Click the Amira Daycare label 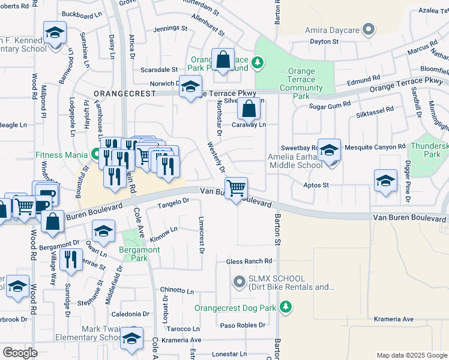(x=331, y=29)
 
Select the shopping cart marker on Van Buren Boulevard (x=237, y=188)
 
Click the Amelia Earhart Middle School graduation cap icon (x=329, y=150)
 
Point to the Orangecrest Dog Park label (x=235, y=308)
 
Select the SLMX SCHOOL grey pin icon (x=240, y=280)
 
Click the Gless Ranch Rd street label (x=249, y=262)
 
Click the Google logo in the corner (x=20, y=353)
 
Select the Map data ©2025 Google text (x=412, y=355)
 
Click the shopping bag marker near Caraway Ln (x=249, y=109)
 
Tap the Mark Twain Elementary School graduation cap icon (x=132, y=338)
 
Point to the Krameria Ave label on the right (x=393, y=319)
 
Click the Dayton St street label (x=324, y=42)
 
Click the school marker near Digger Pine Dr (x=385, y=181)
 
